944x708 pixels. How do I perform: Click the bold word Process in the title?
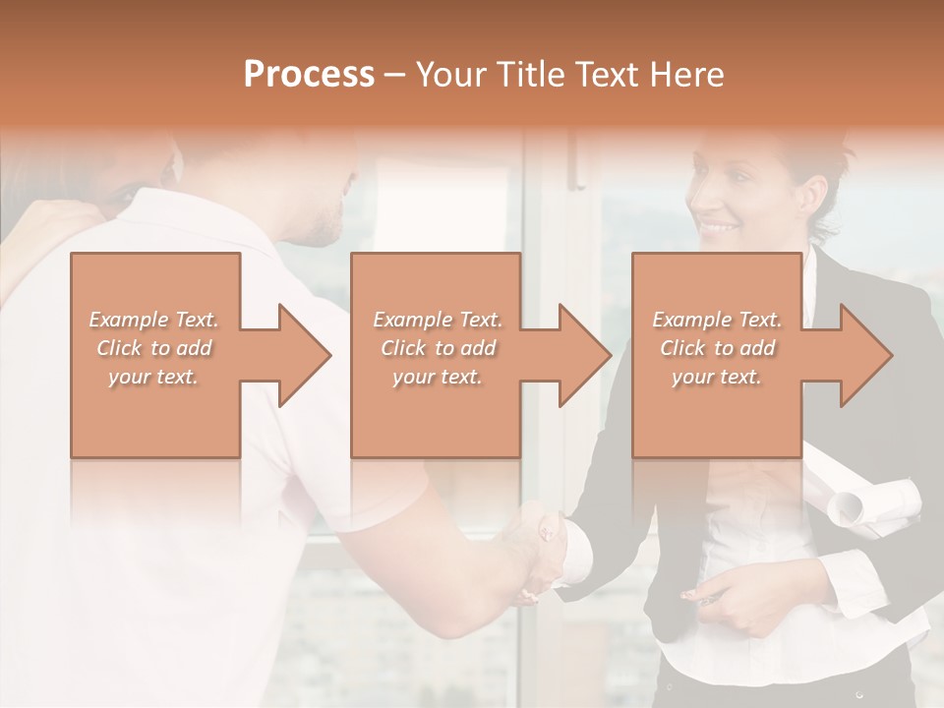coord(309,75)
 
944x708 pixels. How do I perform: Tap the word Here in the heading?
coord(685,75)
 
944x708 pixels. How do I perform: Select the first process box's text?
coord(153,348)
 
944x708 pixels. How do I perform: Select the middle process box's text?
coord(437,348)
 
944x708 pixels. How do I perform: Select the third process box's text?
coord(717,348)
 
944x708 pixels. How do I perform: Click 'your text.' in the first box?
coord(153,377)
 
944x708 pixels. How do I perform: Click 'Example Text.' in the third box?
coord(717,320)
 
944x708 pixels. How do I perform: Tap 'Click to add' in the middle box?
coord(438,348)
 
